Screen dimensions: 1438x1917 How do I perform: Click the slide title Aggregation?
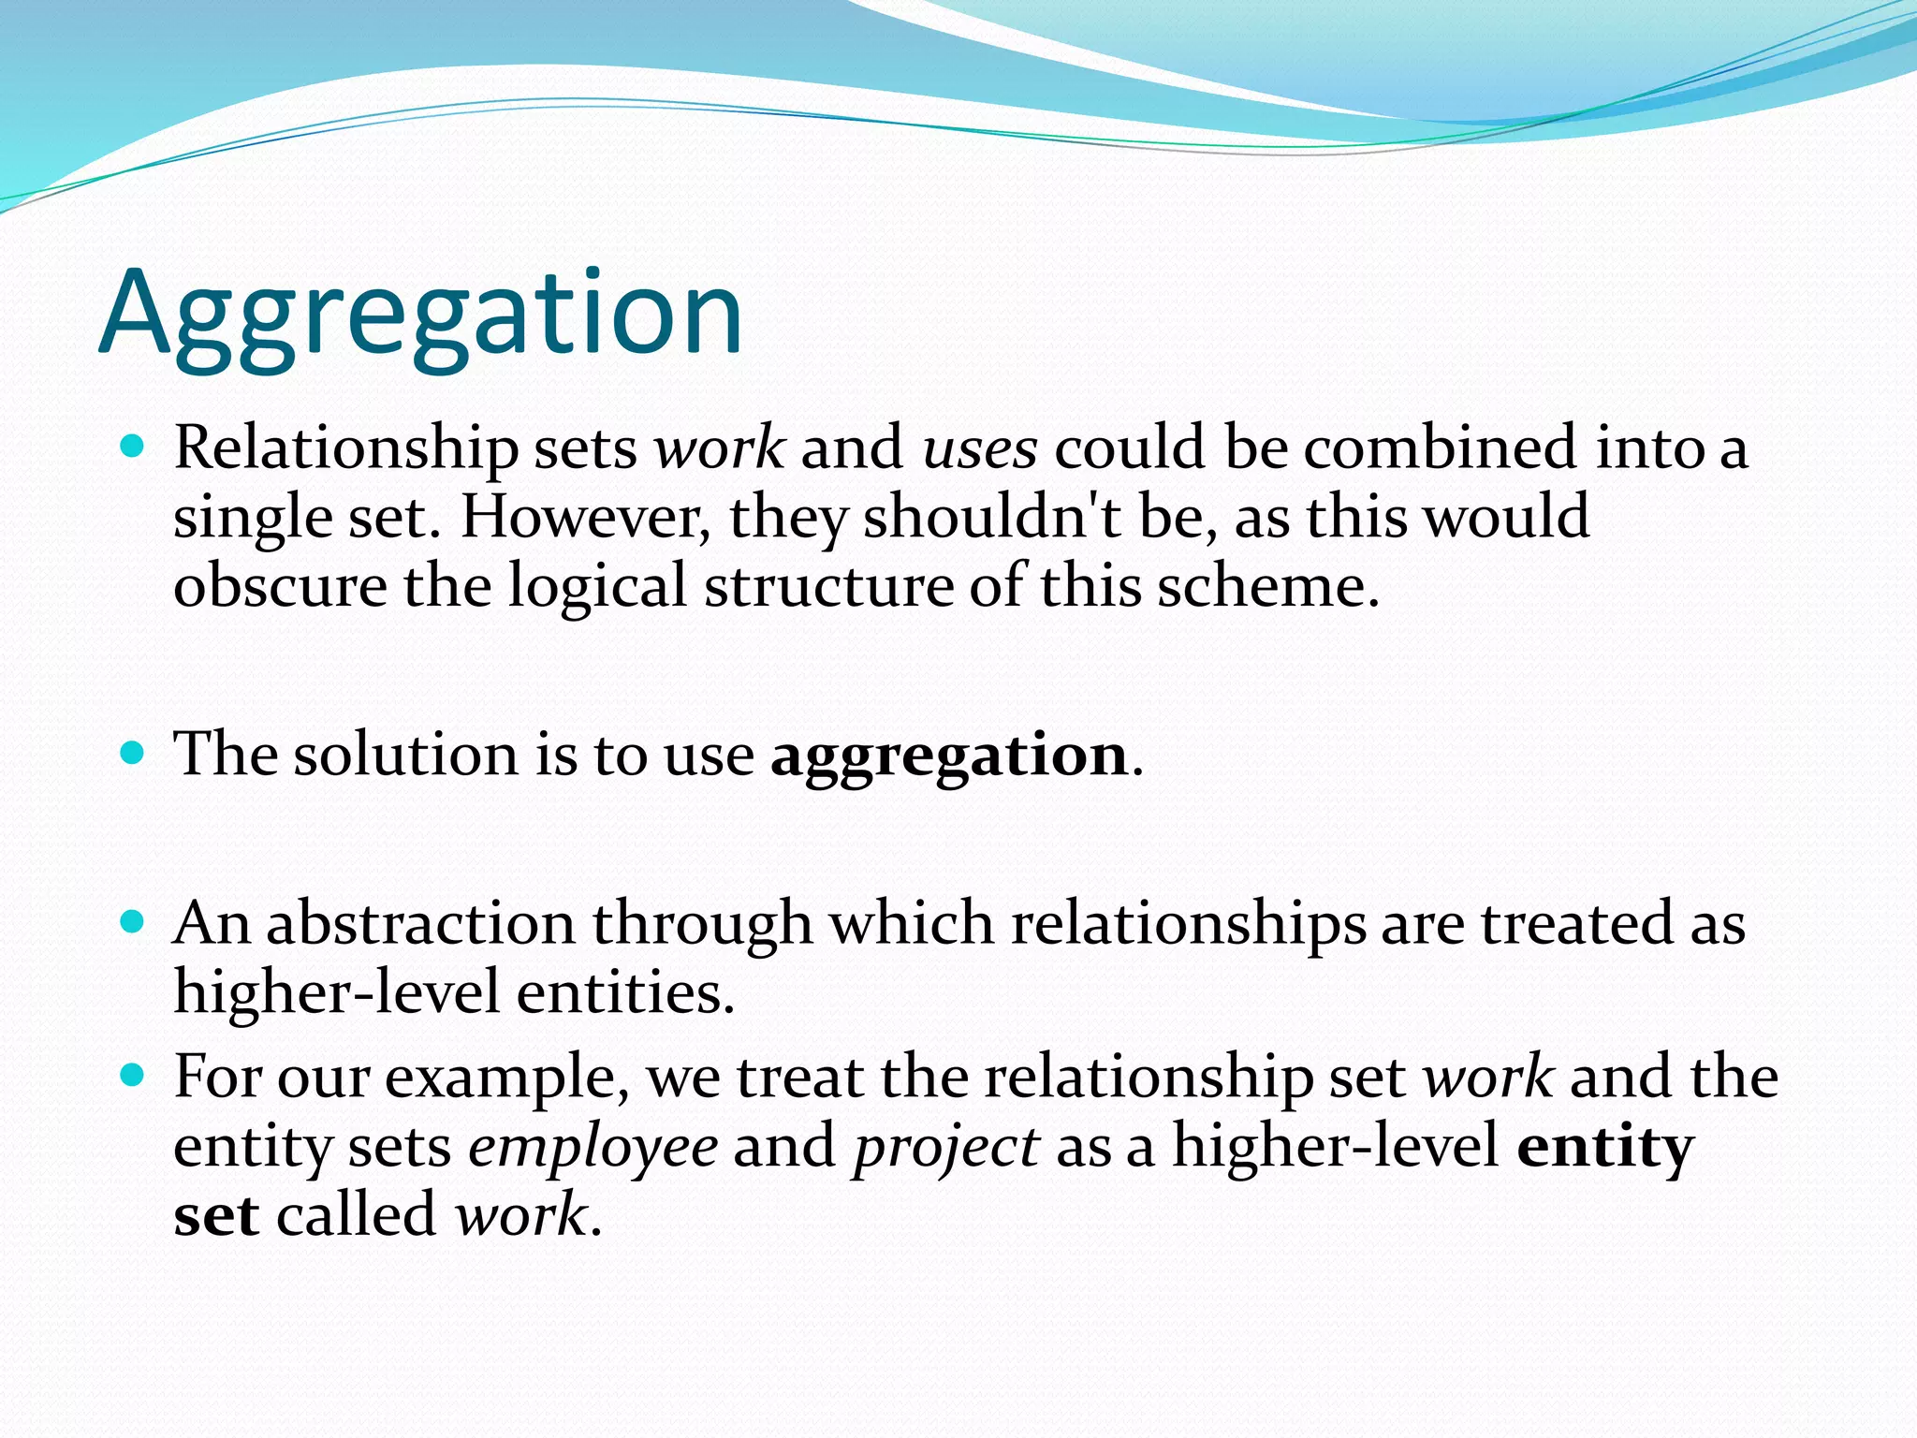421,314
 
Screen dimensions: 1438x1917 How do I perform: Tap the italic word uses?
980,448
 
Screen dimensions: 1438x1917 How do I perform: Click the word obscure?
280,587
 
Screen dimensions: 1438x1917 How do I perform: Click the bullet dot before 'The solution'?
134,753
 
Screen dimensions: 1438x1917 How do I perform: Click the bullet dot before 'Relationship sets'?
134,447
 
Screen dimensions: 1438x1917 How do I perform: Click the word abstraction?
420,924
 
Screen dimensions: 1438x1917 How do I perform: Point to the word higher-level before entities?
336,992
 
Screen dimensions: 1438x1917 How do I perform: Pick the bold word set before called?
216,1216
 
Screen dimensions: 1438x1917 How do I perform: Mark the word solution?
405,755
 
